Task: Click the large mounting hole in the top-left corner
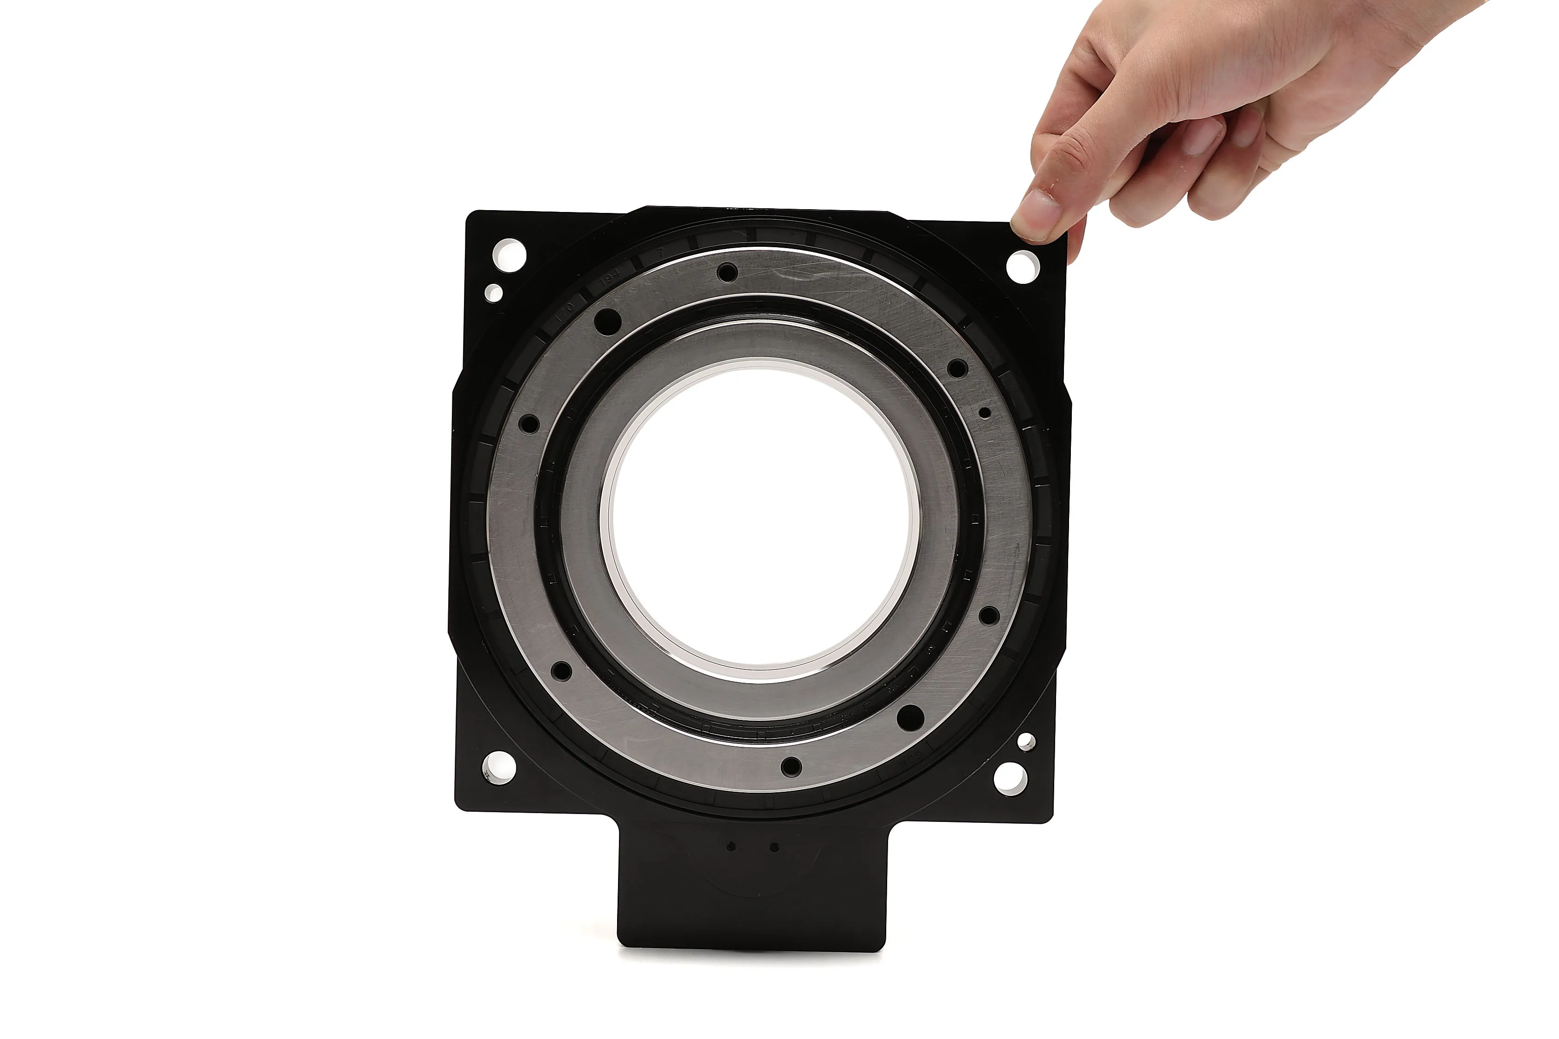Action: coord(509,255)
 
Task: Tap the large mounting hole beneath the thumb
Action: coord(1023,265)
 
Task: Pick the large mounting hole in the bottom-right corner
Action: coord(1011,777)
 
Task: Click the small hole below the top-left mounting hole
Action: coord(494,292)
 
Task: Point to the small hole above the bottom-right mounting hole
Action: coord(1026,741)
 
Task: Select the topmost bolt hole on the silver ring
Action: coord(727,272)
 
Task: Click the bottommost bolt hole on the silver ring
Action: coord(791,767)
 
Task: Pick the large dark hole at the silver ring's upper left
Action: coord(608,322)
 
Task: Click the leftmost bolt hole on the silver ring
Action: coord(528,424)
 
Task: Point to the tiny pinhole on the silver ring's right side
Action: coord(985,413)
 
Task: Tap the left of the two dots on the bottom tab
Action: coord(732,846)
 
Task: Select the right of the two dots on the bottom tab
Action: coord(774,847)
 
